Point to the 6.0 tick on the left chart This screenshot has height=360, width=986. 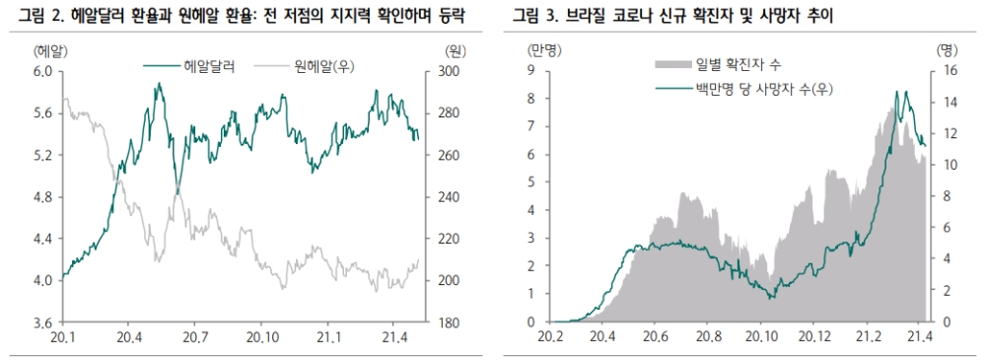[43, 71]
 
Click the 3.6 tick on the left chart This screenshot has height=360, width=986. [43, 323]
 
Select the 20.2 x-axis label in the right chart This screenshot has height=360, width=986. [550, 338]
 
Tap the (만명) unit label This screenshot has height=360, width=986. [544, 49]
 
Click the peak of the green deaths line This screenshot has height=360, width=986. [897, 92]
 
